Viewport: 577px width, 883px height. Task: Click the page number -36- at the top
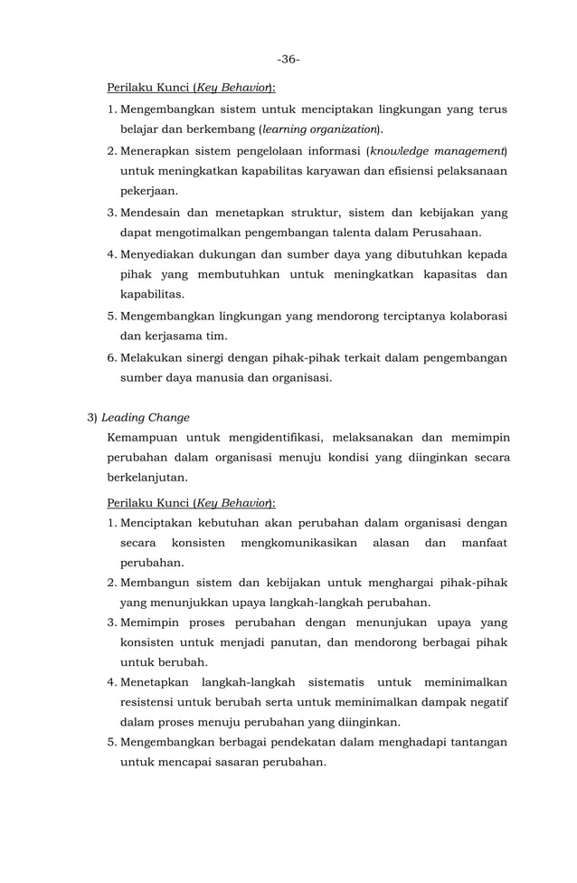[288, 59]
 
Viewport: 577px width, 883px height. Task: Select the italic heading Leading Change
[146, 418]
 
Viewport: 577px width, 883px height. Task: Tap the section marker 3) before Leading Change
[91, 418]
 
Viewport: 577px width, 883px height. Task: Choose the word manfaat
[484, 543]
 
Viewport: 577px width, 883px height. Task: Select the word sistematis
[336, 681]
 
